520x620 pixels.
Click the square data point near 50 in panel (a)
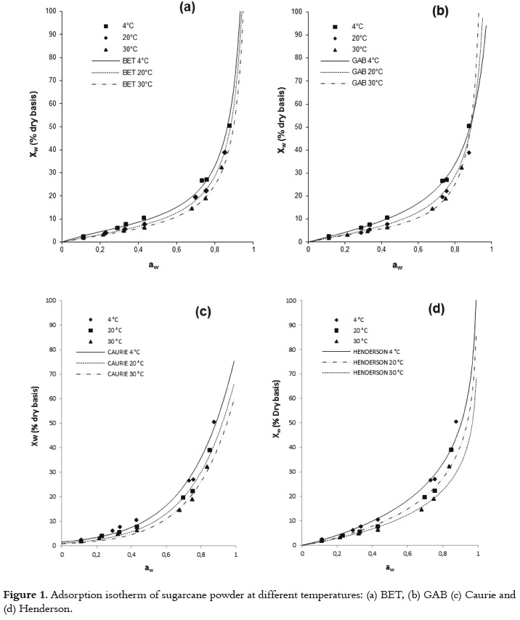click(x=229, y=126)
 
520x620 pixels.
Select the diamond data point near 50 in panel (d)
click(x=456, y=422)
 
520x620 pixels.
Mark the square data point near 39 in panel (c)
click(x=210, y=450)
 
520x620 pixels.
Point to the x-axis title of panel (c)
click(x=148, y=568)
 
